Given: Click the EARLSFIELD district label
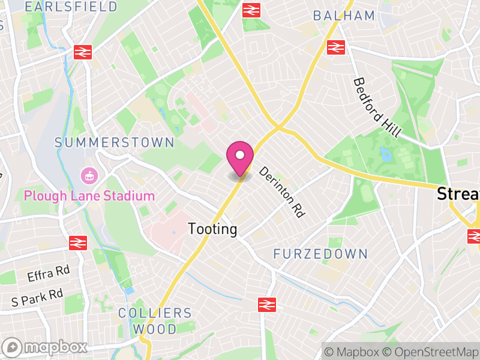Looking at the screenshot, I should pyautogui.click(x=72, y=7).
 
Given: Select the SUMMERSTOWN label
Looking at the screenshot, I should pyautogui.click(x=114, y=143).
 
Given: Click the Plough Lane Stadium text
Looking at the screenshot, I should pyautogui.click(x=89, y=196).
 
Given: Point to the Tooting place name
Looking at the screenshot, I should pyautogui.click(x=212, y=229).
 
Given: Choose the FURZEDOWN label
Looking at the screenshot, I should pyautogui.click(x=320, y=254).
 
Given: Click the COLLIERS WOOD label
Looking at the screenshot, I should pyautogui.click(x=155, y=321).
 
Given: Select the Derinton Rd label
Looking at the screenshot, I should pyautogui.click(x=282, y=192).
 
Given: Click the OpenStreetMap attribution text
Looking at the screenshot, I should pyautogui.click(x=431, y=352).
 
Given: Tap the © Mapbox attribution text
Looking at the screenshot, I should pyautogui.click(x=352, y=352).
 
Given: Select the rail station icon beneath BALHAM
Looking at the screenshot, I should pyautogui.click(x=335, y=46).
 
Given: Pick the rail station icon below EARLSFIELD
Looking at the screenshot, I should pyautogui.click(x=82, y=52).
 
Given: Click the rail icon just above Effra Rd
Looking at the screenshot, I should pyautogui.click(x=77, y=242).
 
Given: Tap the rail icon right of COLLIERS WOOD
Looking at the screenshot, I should pyautogui.click(x=266, y=304).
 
